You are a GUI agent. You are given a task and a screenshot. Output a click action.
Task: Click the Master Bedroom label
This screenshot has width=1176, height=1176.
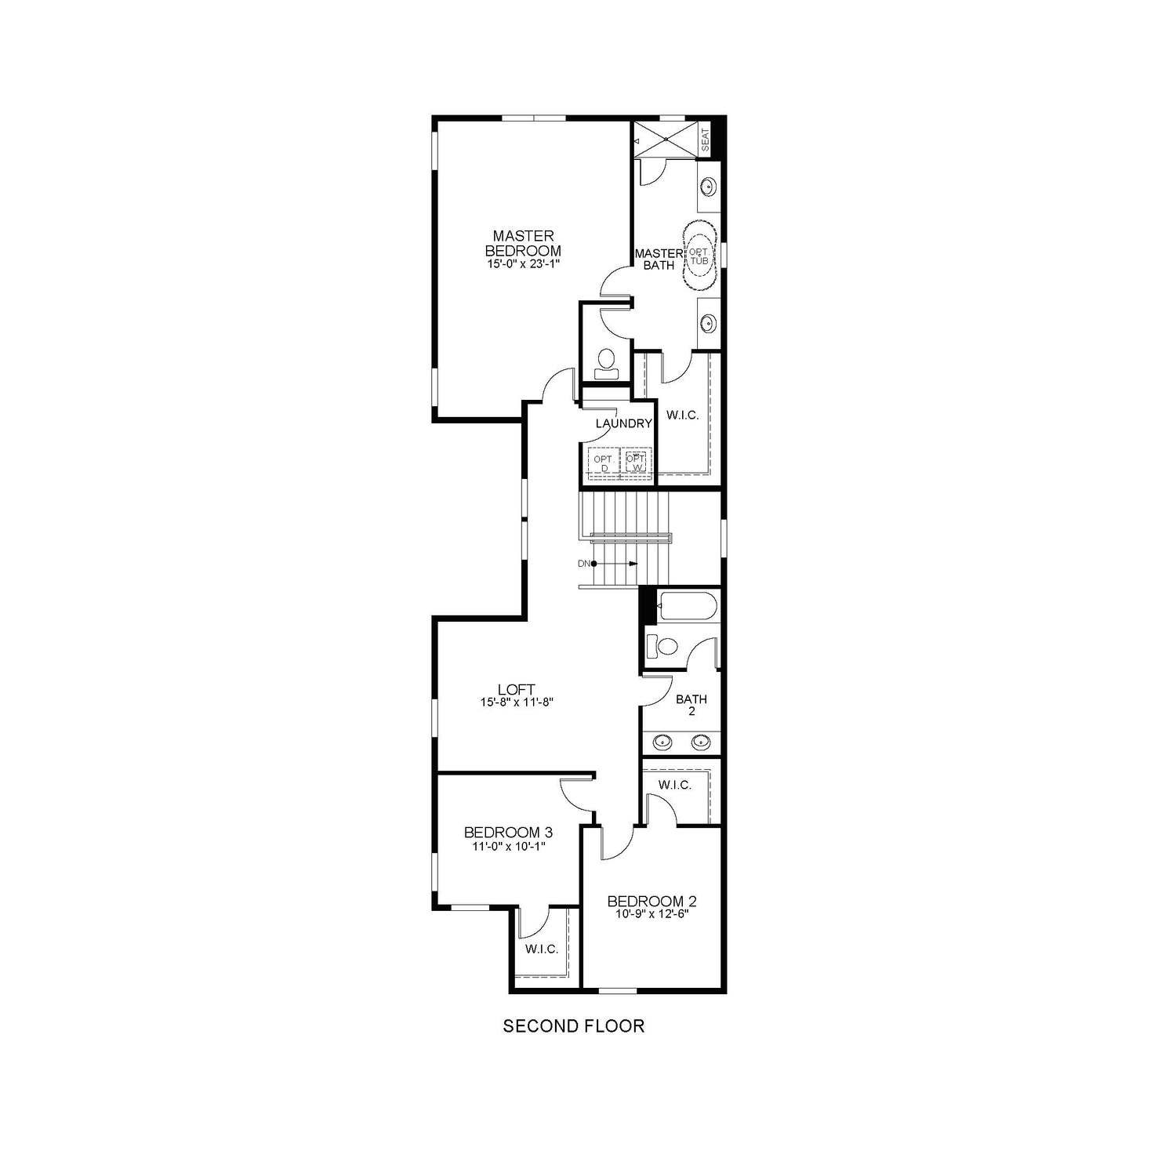point(523,243)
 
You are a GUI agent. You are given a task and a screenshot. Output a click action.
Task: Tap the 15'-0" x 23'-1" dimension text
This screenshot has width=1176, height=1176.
point(523,265)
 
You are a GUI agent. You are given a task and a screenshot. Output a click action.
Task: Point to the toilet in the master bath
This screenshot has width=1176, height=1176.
point(604,361)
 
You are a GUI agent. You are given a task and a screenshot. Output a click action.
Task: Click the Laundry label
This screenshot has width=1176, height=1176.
point(623,423)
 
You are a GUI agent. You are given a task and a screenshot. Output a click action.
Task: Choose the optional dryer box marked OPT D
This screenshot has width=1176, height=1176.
point(604,463)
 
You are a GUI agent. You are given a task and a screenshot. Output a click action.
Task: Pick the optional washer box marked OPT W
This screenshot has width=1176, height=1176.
point(637,463)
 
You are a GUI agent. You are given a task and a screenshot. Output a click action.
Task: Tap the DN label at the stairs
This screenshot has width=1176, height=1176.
point(583,564)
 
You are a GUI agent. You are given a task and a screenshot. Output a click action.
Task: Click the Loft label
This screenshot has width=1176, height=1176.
point(517,690)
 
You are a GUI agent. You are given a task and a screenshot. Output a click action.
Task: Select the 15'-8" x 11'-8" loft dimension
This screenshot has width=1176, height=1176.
point(517,703)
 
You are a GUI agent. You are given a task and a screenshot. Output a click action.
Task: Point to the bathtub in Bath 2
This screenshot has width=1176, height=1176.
point(686,607)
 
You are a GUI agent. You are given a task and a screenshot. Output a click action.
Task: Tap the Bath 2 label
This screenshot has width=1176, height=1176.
point(691,705)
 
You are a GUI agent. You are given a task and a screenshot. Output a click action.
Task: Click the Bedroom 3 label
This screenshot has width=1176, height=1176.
point(503,832)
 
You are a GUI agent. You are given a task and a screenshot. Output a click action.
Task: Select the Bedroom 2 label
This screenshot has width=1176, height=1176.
point(652,902)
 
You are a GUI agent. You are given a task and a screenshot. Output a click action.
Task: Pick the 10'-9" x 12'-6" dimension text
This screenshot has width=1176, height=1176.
point(652,914)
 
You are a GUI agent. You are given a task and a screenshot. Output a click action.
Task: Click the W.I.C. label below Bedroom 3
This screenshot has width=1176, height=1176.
point(542,949)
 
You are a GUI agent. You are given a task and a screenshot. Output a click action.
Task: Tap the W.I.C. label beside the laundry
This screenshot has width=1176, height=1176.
point(682,415)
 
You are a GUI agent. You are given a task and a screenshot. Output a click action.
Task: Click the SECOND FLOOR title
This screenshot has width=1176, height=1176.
point(573,1025)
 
